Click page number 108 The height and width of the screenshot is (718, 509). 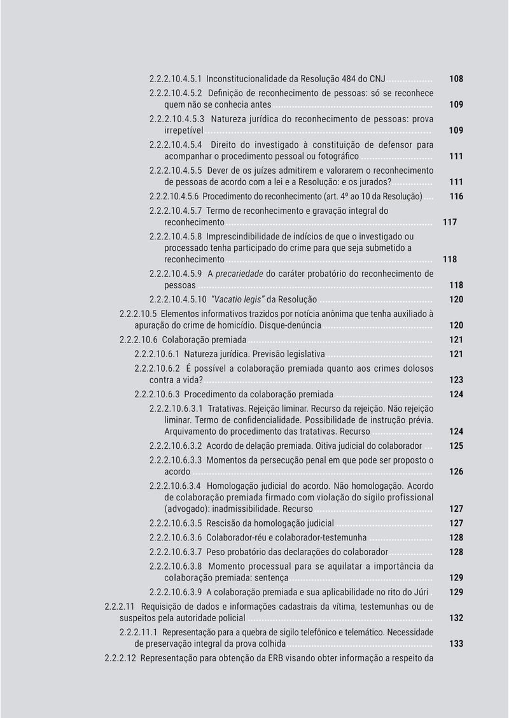coord(456,80)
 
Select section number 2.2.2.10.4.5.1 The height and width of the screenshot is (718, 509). coord(176,80)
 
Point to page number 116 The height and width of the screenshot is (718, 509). coord(456,197)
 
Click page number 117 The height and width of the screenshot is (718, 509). coord(449,223)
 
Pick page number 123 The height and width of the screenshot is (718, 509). coord(456,380)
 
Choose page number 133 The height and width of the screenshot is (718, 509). coord(456,644)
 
